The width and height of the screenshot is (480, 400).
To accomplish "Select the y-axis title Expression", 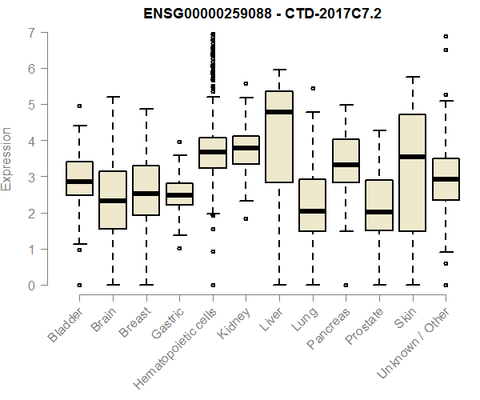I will pos(8,158).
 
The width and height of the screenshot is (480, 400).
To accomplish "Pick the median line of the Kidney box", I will pos(246,148).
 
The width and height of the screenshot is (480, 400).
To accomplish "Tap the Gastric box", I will pos(179,194).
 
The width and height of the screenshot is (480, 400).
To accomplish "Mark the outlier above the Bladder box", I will pos(79,106).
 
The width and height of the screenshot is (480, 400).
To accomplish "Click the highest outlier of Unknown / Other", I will pos(446,36).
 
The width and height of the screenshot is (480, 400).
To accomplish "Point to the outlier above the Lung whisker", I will pos(313,88).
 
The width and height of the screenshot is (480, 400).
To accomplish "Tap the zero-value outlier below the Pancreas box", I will pos(346,285).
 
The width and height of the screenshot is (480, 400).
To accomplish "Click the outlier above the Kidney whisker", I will pos(246,83).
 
